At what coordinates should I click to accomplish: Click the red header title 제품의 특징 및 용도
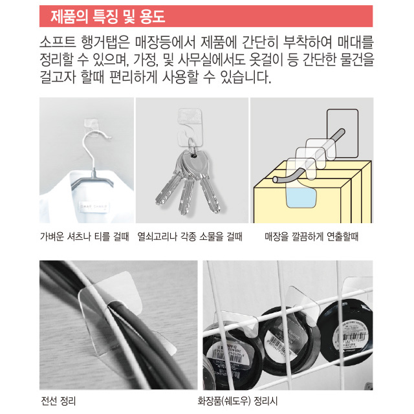pyautogui.click(x=108, y=16)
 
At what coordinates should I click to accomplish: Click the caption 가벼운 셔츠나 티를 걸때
pyautogui.click(x=85, y=236)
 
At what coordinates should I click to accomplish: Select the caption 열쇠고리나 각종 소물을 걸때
pyautogui.click(x=190, y=236)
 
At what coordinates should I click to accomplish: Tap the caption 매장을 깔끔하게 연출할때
pyautogui.click(x=312, y=236)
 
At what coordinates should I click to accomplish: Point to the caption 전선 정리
pyautogui.click(x=58, y=401)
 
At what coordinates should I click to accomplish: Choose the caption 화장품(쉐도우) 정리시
pyautogui.click(x=237, y=401)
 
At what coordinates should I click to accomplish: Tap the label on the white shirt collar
pyautogui.click(x=93, y=206)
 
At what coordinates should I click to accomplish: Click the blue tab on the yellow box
pyautogui.click(x=301, y=197)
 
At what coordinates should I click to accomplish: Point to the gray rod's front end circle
pyautogui.click(x=276, y=180)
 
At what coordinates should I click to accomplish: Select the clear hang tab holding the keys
pyautogui.click(x=190, y=127)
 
